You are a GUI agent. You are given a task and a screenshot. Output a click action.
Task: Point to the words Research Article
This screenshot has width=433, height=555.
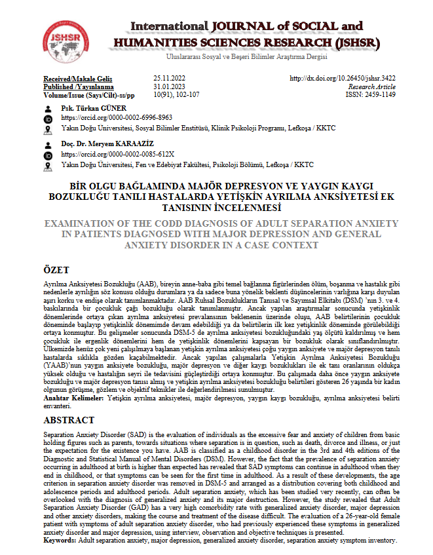[x=372, y=86]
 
